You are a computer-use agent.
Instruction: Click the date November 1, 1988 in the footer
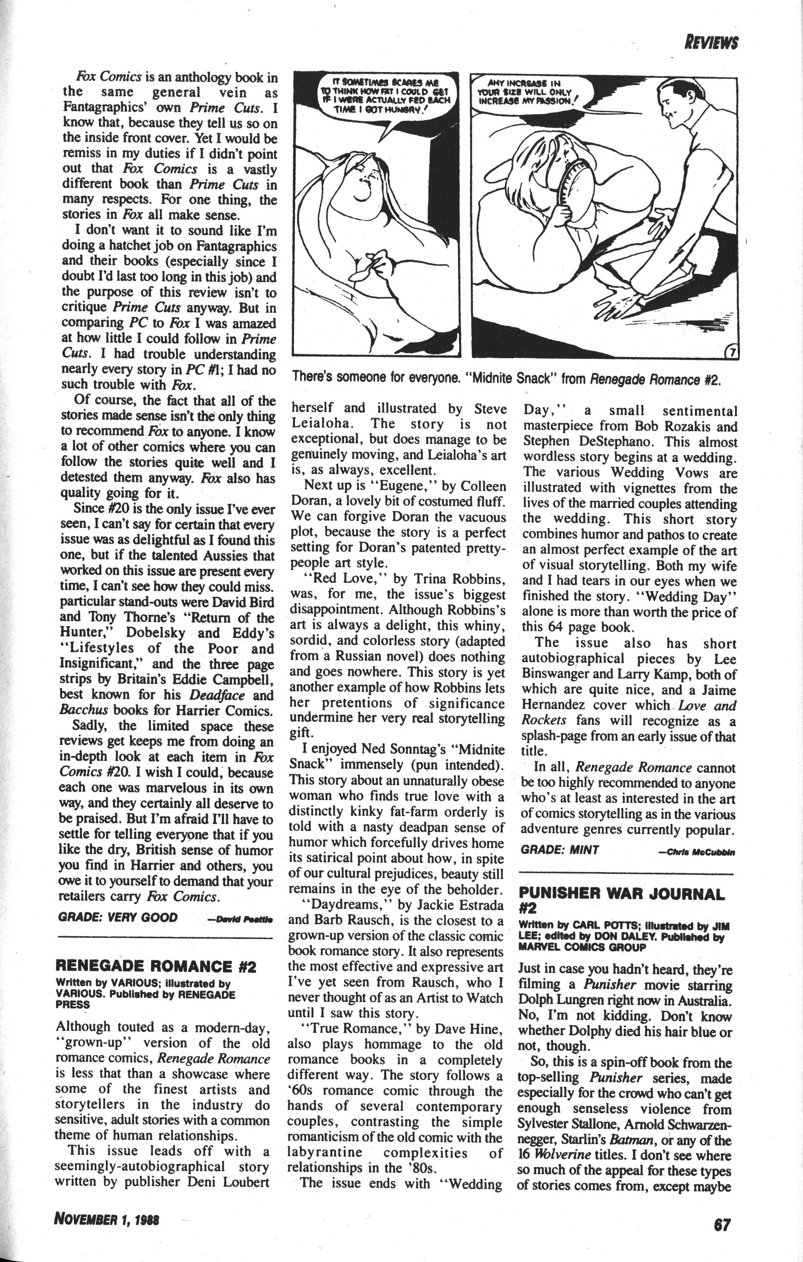[x=106, y=1218]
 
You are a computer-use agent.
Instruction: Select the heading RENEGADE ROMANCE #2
[x=156, y=966]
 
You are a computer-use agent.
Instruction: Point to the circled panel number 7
[x=730, y=353]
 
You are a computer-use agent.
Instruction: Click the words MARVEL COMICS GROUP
[x=582, y=947]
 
